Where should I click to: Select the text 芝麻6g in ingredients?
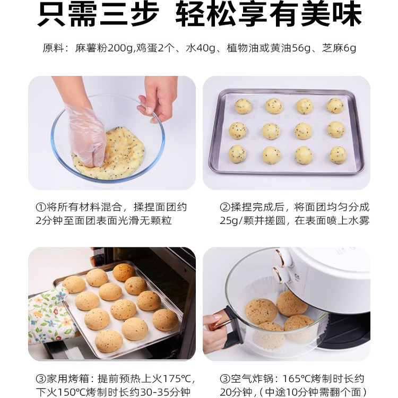click(338, 49)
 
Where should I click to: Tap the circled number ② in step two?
click(224, 207)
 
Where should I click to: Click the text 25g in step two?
click(229, 221)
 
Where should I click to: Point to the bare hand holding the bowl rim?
click(157, 98)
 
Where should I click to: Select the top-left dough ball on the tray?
click(243, 106)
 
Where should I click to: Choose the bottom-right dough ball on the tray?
click(338, 154)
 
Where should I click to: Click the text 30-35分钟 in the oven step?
click(160, 393)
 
